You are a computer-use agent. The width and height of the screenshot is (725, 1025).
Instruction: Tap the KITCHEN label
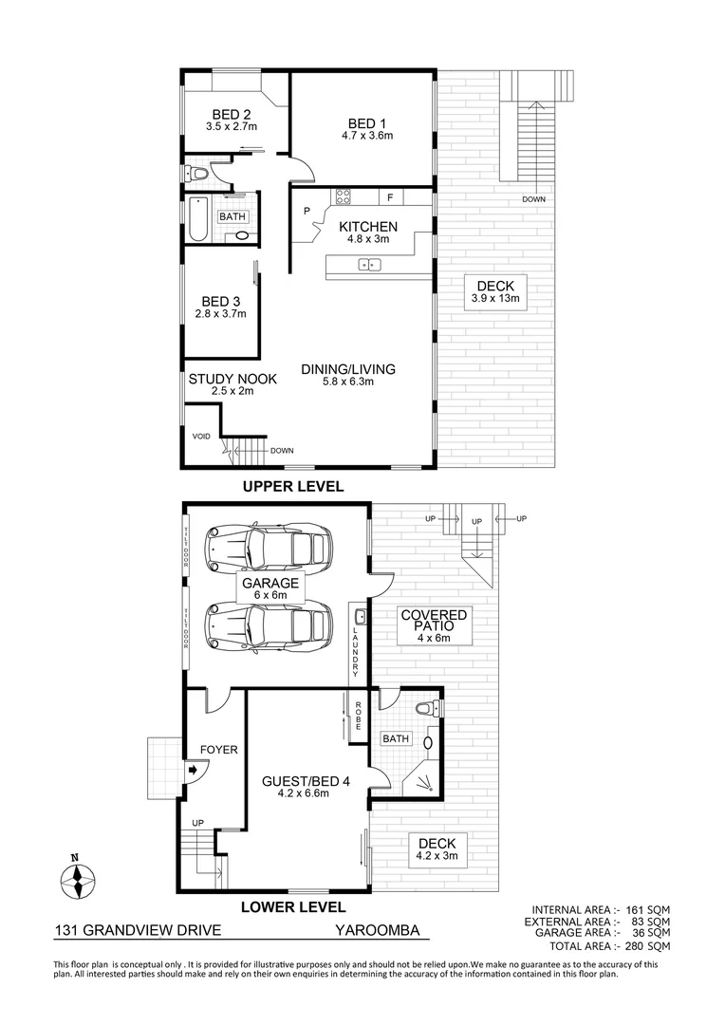368,227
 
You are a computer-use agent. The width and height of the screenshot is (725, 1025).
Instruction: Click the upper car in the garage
270,547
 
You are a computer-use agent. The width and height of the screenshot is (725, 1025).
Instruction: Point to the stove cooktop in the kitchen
342,197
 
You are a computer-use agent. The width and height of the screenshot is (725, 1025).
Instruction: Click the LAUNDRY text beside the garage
356,652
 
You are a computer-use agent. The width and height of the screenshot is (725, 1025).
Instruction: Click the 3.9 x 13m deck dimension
495,298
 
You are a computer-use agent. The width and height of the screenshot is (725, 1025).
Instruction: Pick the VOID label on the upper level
200,437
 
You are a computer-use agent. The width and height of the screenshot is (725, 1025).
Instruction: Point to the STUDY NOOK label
232,379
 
